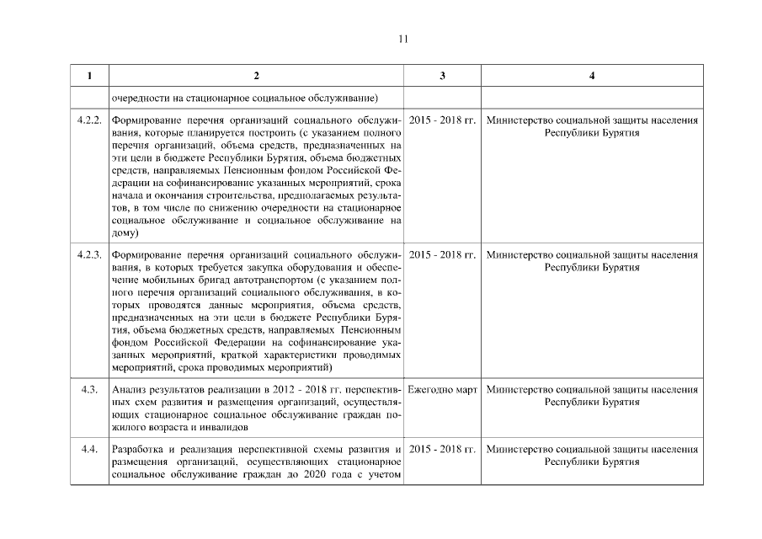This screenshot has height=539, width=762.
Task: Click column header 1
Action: click(x=88, y=76)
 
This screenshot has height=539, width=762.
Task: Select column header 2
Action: click(x=256, y=76)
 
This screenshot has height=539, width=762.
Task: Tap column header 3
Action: click(x=443, y=76)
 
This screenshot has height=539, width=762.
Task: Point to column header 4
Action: click(x=592, y=76)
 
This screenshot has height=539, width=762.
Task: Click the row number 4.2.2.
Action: click(x=88, y=120)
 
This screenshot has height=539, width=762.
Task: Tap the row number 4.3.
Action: click(x=88, y=390)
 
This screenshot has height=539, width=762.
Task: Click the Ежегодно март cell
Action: click(x=443, y=390)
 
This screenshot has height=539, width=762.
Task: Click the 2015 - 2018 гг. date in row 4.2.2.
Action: click(x=443, y=120)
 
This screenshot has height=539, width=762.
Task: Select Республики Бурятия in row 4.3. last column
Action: click(x=592, y=403)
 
